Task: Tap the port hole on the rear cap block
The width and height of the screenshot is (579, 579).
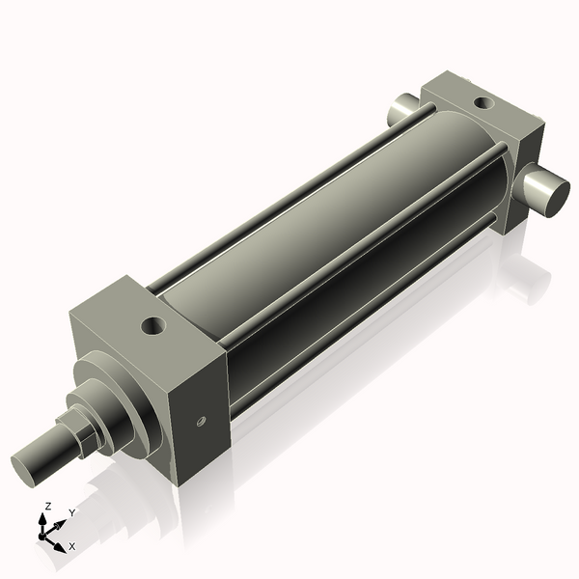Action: [x=481, y=100]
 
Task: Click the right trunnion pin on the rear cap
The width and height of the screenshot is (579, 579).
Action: [x=548, y=187]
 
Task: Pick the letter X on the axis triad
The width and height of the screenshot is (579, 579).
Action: [x=72, y=547]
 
